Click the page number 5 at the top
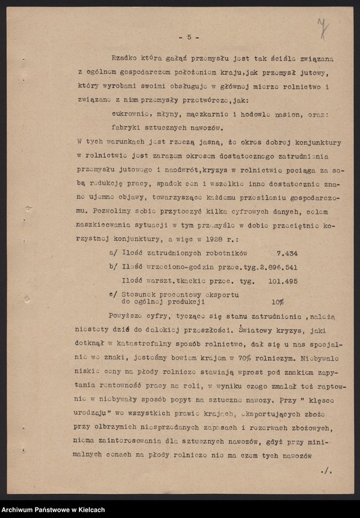coord(189,37)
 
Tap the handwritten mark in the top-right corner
coord(321,27)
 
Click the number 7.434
coord(285,253)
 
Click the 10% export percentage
coord(277,302)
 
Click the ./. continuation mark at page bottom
coord(325,471)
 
